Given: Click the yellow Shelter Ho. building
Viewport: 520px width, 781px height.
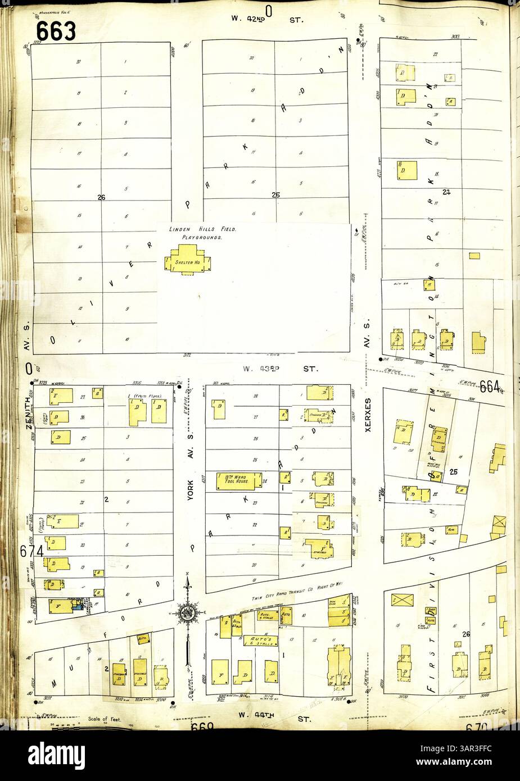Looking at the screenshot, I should click(x=186, y=262).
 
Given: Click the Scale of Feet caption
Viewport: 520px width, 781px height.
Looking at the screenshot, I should click(x=102, y=719).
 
